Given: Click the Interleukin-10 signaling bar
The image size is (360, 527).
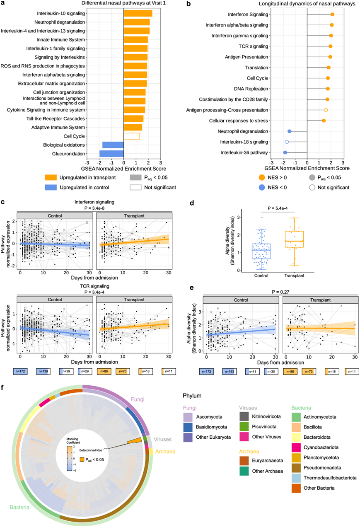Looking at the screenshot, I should pyautogui.click(x=138, y=13).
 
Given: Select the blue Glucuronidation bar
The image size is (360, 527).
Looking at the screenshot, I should pyautogui.click(x=111, y=154).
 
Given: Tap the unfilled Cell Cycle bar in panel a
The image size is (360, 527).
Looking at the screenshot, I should pyautogui.click(x=132, y=136).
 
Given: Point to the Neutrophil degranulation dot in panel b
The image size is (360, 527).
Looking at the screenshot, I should pyautogui.click(x=290, y=131).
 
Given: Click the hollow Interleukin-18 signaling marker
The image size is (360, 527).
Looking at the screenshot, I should pyautogui.click(x=287, y=142).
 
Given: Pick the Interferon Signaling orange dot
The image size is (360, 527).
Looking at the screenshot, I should pyautogui.click(x=332, y=15).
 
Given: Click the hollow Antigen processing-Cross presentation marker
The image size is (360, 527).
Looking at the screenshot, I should pyautogui.click(x=326, y=110).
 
